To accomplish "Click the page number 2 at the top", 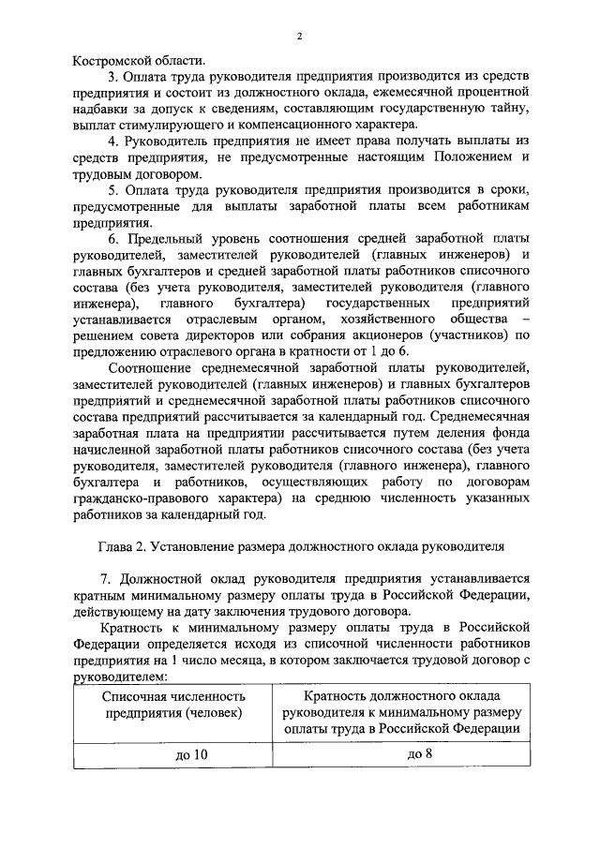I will click(299, 36).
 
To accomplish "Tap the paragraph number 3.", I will click(112, 76).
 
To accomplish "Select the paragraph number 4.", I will click(112, 141).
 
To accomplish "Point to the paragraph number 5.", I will click(112, 189).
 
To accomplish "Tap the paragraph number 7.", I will click(112, 578).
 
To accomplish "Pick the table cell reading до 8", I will click(400, 754).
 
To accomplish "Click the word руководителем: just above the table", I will click(118, 677).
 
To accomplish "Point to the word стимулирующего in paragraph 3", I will click(164, 125).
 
